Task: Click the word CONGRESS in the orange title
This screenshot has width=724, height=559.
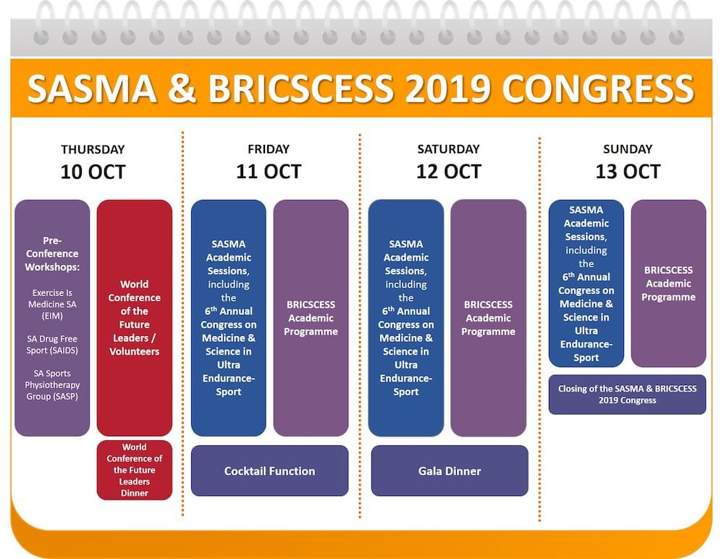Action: [598, 88]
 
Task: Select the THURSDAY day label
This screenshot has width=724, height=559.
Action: [93, 149]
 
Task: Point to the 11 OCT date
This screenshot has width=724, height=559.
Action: [269, 172]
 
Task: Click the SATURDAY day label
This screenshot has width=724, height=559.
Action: [448, 148]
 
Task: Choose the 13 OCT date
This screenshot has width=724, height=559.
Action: [628, 172]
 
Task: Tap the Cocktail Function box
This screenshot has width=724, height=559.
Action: [269, 471]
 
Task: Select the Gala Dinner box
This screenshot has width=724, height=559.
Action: [450, 471]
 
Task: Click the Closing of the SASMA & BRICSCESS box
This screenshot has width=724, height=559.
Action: [627, 395]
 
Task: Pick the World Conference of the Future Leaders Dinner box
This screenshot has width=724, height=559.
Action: [135, 470]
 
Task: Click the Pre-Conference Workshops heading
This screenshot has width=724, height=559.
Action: [52, 253]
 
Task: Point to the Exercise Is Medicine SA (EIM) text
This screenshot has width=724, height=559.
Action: [52, 304]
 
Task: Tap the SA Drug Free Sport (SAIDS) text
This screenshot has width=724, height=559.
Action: [52, 345]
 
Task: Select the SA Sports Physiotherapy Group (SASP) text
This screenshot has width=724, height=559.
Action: [52, 384]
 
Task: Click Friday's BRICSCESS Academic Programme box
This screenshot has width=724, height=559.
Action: [311, 318]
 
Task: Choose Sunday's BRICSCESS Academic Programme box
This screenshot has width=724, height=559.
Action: [668, 283]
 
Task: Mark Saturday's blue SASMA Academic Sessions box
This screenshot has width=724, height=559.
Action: [406, 318]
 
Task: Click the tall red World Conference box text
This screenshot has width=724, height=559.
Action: [135, 318]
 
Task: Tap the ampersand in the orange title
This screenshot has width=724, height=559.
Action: [182, 88]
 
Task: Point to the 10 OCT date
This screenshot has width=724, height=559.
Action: [93, 172]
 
